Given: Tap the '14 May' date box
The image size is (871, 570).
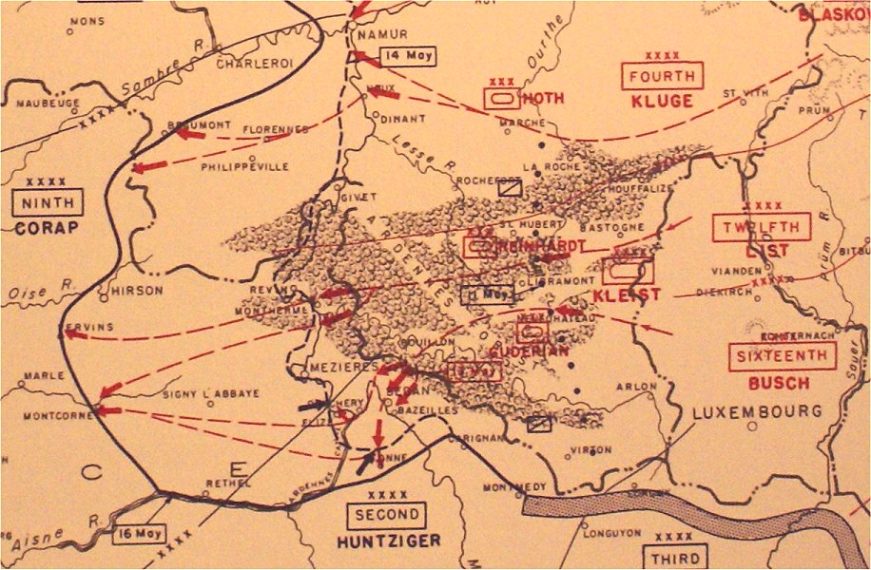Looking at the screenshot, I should point(408,55).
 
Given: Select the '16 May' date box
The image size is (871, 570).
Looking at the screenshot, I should point(139,533).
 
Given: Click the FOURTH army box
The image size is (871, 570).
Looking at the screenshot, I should point(662,76).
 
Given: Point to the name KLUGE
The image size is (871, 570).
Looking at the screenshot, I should point(662,101).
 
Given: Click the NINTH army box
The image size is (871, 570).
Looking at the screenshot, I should point(48,201).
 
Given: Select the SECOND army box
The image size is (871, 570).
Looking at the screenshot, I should point(386,516).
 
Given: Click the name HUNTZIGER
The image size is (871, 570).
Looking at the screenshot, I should point(390,541).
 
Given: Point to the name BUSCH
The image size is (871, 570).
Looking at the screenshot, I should point(779,383).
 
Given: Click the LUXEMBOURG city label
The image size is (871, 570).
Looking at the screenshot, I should point(757,411).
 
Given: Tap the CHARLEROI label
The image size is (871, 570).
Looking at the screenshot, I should point(256,64).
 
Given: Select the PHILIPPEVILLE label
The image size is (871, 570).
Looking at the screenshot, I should point(244,166).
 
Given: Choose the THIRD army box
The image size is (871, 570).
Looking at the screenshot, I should point(675,558).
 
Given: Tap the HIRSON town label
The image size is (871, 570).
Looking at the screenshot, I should point(137,290).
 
